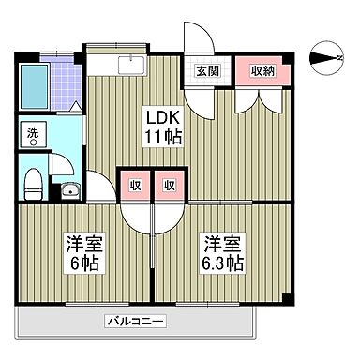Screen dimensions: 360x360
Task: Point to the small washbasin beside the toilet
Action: [x=70, y=191]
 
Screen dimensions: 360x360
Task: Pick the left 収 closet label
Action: [x=134, y=185]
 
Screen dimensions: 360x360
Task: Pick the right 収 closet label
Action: [x=170, y=185]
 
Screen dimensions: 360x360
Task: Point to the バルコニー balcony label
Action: [x=135, y=322]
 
